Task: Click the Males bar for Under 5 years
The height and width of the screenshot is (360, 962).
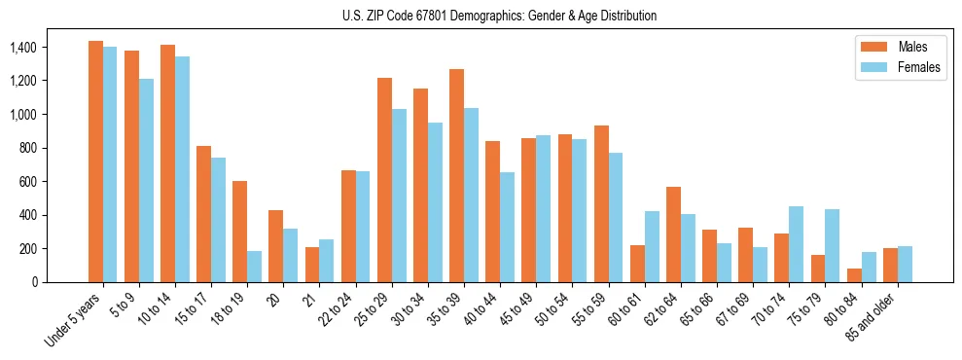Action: tap(95, 162)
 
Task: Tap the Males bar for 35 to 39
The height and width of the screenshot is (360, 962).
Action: tap(456, 175)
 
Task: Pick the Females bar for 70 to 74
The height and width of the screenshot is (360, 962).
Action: tap(796, 244)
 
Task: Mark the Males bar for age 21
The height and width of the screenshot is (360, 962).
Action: tap(311, 265)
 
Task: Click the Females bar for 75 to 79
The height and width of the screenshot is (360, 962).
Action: tap(832, 245)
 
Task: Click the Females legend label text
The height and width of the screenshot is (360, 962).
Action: tap(920, 68)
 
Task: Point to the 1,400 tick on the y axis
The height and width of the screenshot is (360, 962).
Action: tap(20, 48)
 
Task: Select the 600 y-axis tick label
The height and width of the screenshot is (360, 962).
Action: tap(26, 182)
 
